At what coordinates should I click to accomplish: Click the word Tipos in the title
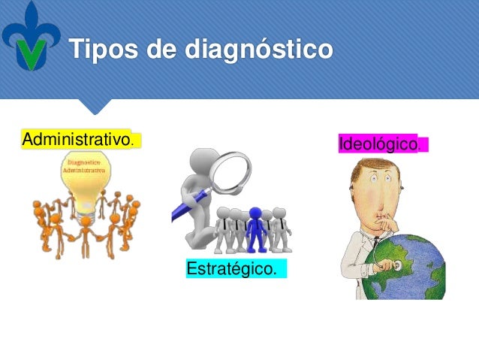click(104, 50)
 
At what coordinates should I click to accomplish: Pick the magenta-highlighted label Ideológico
click(378, 144)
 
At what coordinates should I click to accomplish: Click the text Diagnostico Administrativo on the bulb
click(85, 166)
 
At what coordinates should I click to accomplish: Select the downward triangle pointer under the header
click(95, 106)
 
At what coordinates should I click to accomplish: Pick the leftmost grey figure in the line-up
click(223, 230)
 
